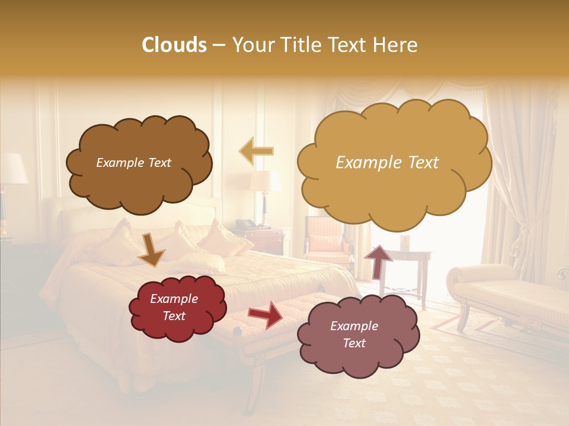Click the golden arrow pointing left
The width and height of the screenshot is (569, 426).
coord(257,151)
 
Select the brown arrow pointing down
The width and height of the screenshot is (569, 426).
coord(151,249)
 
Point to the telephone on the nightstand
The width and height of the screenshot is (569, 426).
coord(245,224)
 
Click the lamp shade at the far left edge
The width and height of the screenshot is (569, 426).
coord(12,169)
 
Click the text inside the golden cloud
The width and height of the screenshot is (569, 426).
coord(387,163)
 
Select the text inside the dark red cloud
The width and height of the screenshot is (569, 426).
coord(174,308)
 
